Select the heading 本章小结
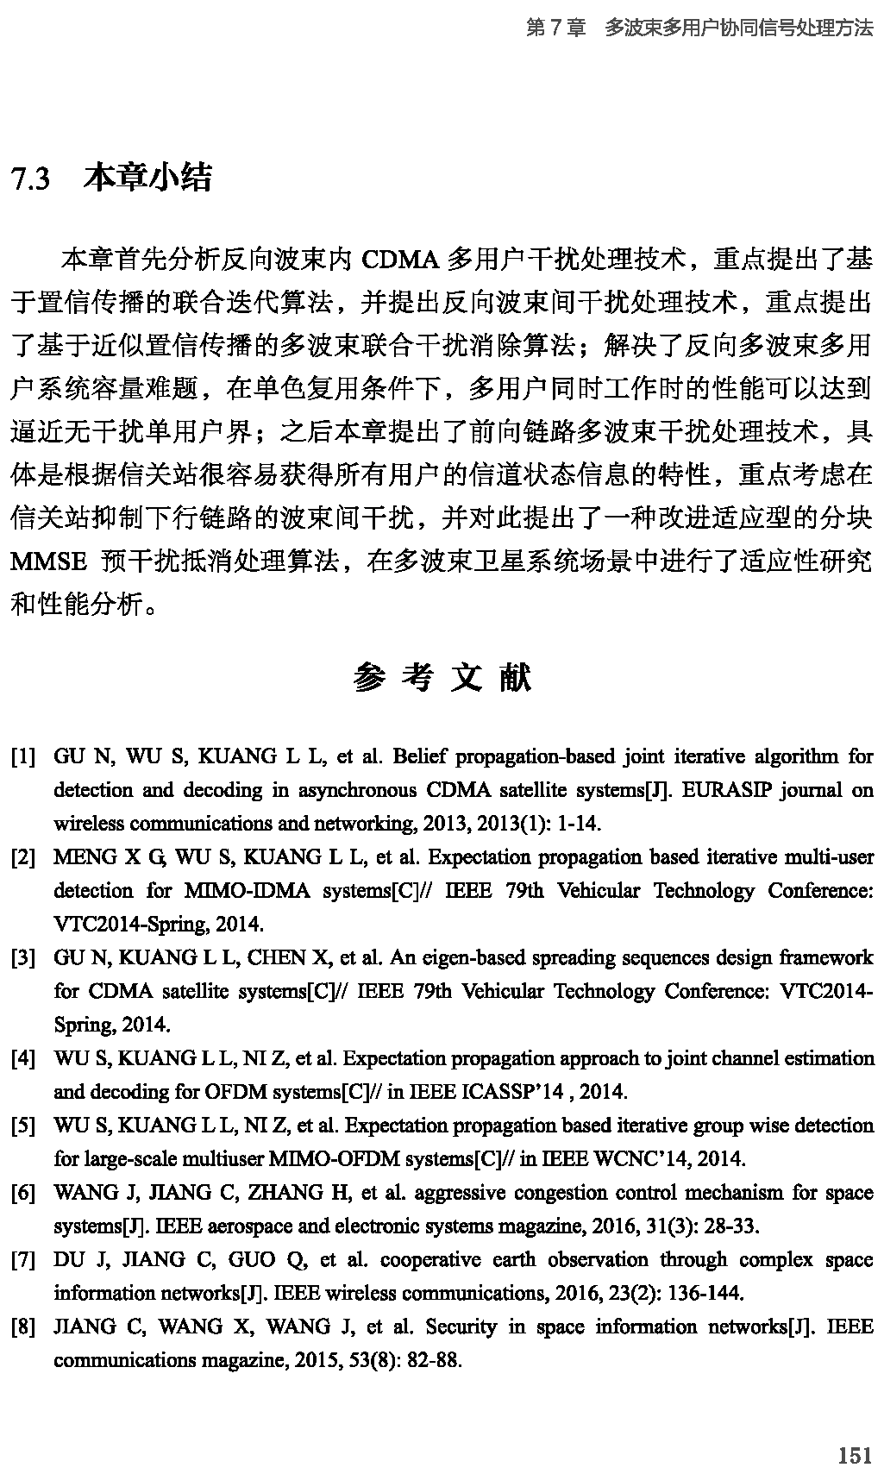coord(147,178)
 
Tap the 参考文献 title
coord(442,679)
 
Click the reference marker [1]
coord(22,757)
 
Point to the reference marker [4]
coord(22,1059)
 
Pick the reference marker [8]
coord(22,1327)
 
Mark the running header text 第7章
coord(555,28)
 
